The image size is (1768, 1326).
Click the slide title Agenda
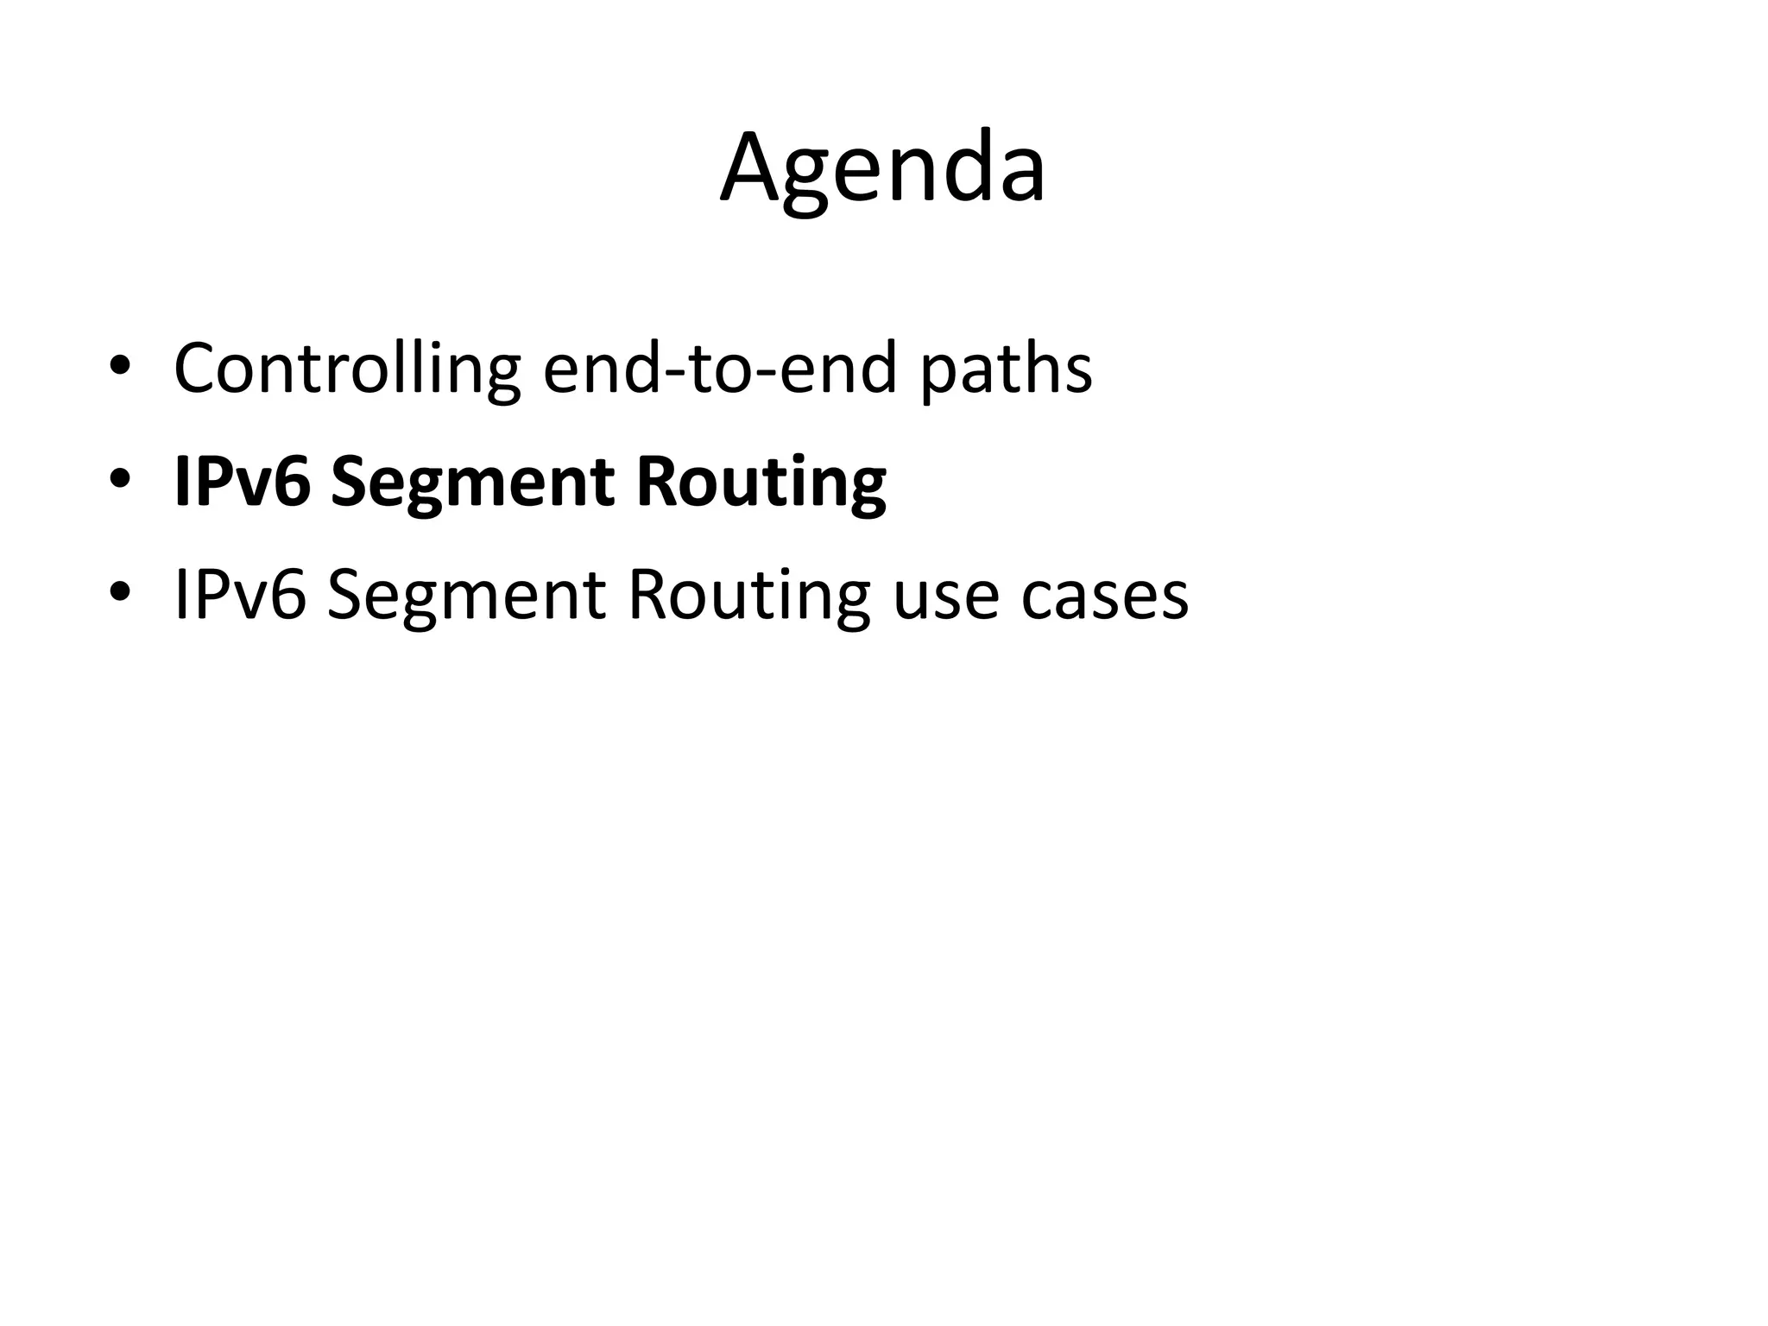(x=882, y=167)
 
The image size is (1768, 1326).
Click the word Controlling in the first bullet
(x=347, y=369)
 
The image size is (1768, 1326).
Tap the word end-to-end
(x=721, y=369)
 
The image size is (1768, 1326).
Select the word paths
(x=1006, y=369)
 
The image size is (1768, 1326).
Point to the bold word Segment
(x=473, y=483)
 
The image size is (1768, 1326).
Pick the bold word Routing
(x=761, y=483)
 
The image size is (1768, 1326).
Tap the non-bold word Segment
(x=467, y=597)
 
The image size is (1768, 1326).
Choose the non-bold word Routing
(x=748, y=597)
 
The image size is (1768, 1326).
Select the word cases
(x=1104, y=597)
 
